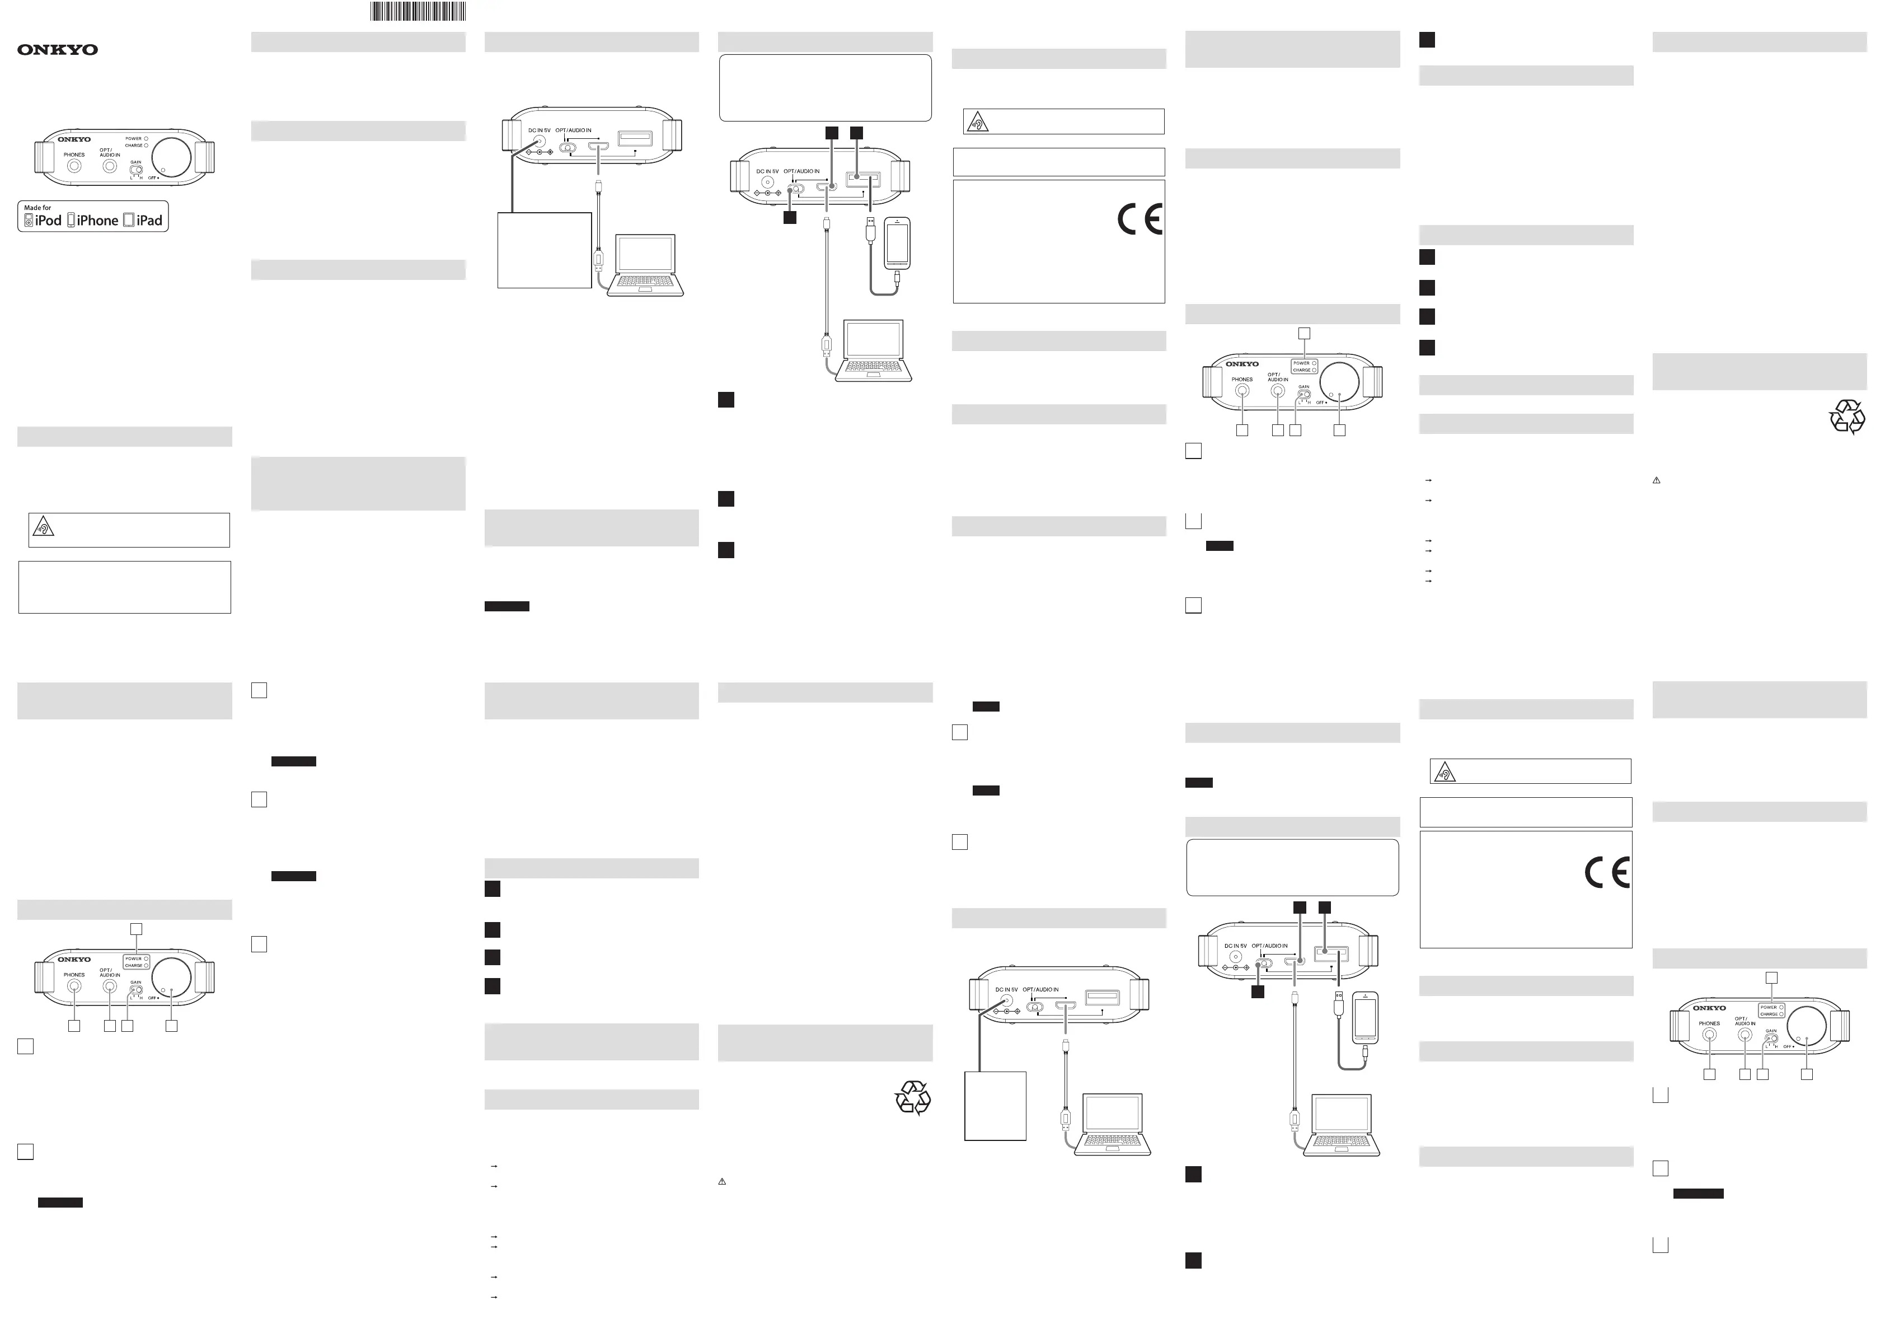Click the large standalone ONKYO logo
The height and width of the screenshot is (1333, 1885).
pyautogui.click(x=58, y=50)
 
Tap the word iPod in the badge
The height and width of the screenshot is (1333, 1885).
pyautogui.click(x=49, y=220)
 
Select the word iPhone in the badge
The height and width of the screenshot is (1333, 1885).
pyautogui.click(x=98, y=220)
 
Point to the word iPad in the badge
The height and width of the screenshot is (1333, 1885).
pyautogui.click(x=149, y=220)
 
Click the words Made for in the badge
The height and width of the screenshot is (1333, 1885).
pyautogui.click(x=37, y=208)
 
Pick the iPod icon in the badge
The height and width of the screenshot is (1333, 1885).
pyautogui.click(x=29, y=220)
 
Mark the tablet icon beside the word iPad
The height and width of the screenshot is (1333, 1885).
pyautogui.click(x=129, y=220)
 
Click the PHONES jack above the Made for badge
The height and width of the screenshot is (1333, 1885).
pyautogui.click(x=74, y=166)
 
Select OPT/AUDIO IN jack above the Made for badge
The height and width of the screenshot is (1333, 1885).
pyautogui.click(x=110, y=166)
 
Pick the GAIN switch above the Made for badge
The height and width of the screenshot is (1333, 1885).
pyautogui.click(x=137, y=170)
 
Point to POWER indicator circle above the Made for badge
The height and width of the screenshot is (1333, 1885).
pyautogui.click(x=146, y=139)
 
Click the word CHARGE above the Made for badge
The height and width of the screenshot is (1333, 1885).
pyautogui.click(x=133, y=146)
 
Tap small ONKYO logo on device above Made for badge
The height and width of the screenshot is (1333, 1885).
pyautogui.click(x=74, y=139)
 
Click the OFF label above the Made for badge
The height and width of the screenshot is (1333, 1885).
pyautogui.click(x=153, y=178)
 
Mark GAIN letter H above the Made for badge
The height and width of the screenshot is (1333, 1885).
pyautogui.click(x=141, y=178)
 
